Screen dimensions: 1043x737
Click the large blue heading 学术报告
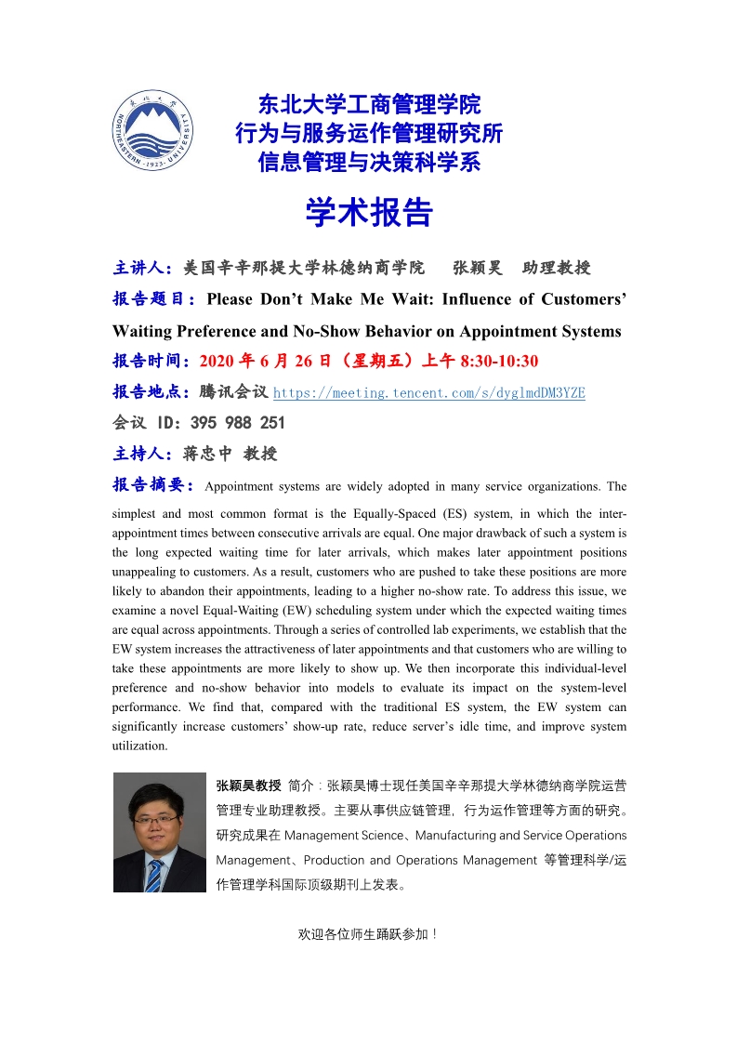click(x=369, y=213)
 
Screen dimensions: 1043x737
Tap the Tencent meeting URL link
click(x=429, y=392)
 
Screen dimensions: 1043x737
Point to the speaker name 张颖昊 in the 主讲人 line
click(x=478, y=268)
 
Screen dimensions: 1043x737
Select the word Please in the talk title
click(x=232, y=299)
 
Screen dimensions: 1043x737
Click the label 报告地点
click(x=149, y=392)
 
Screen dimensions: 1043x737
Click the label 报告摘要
click(x=149, y=485)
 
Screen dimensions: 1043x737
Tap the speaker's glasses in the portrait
click(x=155, y=819)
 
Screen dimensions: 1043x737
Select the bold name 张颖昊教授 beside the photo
click(x=248, y=785)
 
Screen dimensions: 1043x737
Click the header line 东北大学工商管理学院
click(x=369, y=104)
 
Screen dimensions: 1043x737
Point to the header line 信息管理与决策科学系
click(x=369, y=163)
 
